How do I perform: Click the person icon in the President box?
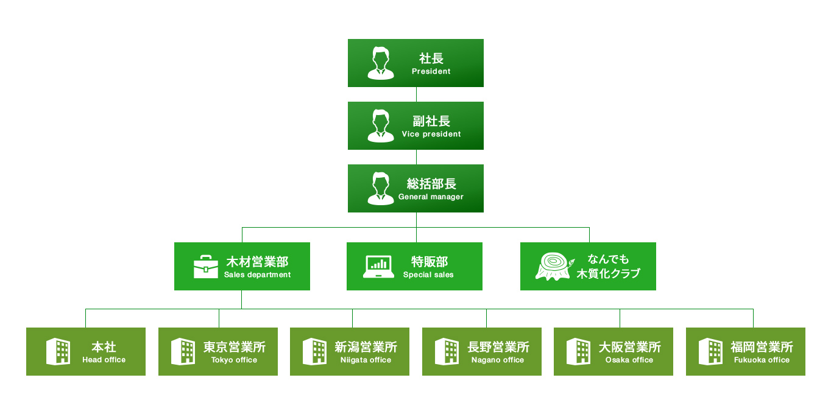coord(381,63)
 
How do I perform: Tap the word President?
coord(431,71)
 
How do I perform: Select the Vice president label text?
coord(431,134)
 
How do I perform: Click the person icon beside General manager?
coord(381,188)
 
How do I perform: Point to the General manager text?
coord(431,197)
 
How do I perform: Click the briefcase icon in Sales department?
coord(206,267)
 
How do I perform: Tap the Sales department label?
coord(257,275)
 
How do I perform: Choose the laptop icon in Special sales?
coord(378,267)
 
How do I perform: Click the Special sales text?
coord(428,275)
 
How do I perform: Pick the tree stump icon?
coord(554,267)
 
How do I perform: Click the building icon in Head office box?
coord(58,351)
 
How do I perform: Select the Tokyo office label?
coord(234,360)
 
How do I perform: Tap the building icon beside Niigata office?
coord(314,351)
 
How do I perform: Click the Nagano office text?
coord(498,360)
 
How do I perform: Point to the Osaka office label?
coord(629,360)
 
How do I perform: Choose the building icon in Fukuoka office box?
coord(710,351)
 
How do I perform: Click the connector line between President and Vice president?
coord(416,94)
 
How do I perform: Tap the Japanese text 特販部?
coord(430,262)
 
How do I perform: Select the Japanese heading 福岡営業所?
coord(762,347)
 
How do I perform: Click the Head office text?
coord(104,360)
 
